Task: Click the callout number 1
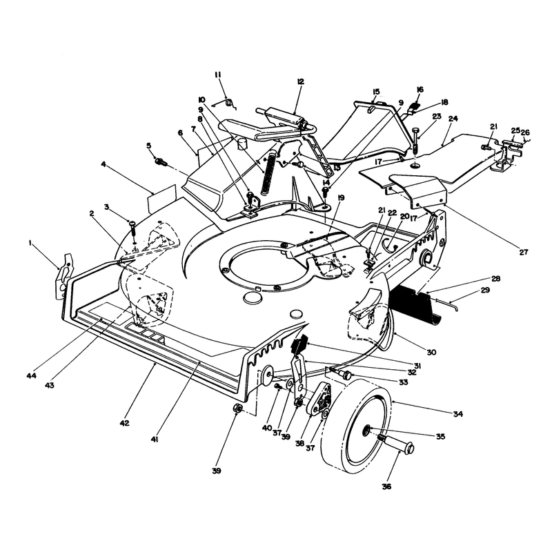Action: click(x=30, y=243)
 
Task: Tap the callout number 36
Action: click(x=386, y=486)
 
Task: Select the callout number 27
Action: click(x=524, y=252)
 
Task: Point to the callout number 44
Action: click(x=31, y=375)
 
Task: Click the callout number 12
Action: click(x=300, y=81)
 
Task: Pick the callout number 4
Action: click(x=103, y=164)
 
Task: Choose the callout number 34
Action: click(x=457, y=413)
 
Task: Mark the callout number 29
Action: click(x=485, y=290)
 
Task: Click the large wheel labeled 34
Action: click(x=355, y=426)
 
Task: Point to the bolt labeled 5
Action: click(x=161, y=162)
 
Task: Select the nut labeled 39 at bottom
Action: click(x=237, y=408)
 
